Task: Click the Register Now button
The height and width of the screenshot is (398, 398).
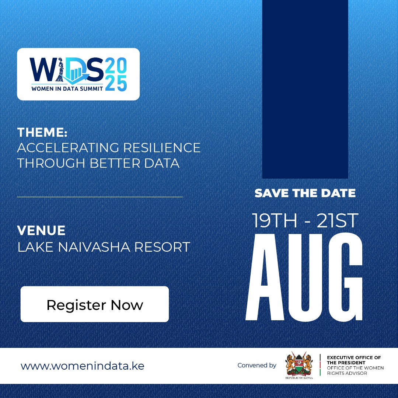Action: tap(95, 304)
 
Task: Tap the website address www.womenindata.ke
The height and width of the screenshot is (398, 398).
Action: tap(82, 366)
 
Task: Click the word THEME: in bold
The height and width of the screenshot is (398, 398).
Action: tap(42, 132)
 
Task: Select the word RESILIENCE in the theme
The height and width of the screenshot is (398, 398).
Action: tap(162, 147)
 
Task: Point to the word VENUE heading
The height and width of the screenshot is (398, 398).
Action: tap(41, 231)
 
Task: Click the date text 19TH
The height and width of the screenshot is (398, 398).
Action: tap(275, 220)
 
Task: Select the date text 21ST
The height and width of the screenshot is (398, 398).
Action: tap(336, 220)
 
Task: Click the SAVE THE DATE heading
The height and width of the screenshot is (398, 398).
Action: tap(305, 193)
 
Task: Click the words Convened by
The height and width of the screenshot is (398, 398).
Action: tap(257, 366)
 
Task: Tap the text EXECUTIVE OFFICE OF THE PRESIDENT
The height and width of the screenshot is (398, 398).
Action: tap(354, 360)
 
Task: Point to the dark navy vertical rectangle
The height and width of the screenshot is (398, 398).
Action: tap(305, 88)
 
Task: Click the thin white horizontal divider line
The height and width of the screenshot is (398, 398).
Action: tap(100, 197)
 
